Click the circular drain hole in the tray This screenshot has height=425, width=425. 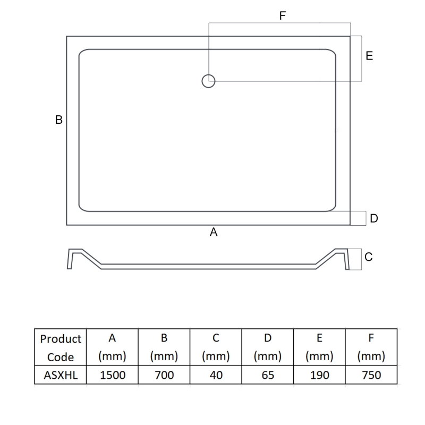208,81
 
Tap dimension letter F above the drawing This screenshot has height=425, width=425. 283,16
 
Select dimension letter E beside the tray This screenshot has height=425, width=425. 369,56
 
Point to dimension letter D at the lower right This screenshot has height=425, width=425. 374,218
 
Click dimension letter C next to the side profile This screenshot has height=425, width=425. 369,257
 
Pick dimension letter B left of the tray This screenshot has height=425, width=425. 59,120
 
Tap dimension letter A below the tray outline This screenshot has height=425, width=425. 214,232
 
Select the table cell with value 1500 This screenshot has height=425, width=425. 113,375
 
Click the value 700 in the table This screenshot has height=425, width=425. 164,375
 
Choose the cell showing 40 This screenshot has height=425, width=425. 216,375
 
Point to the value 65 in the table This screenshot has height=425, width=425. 268,375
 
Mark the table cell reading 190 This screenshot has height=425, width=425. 319,375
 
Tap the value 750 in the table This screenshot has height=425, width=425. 371,375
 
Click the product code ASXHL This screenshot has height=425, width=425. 61,375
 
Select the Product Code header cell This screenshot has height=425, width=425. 61,347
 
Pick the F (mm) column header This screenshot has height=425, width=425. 371,347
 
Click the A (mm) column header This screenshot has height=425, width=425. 113,347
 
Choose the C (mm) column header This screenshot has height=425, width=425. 216,347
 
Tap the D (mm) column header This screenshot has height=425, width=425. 268,347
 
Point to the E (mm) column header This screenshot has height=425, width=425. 319,347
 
